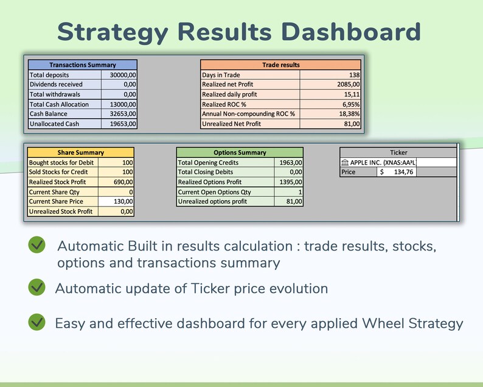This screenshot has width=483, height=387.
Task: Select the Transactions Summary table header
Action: tap(82, 65)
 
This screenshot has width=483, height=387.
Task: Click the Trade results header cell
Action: tap(280, 65)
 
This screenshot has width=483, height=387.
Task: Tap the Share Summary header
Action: tap(80, 152)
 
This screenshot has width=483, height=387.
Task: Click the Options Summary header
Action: tap(239, 152)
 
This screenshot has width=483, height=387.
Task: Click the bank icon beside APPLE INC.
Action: tap(345, 163)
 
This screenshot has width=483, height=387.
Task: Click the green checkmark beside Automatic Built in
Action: tap(36, 245)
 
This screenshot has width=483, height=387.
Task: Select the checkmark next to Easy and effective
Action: tap(36, 322)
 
